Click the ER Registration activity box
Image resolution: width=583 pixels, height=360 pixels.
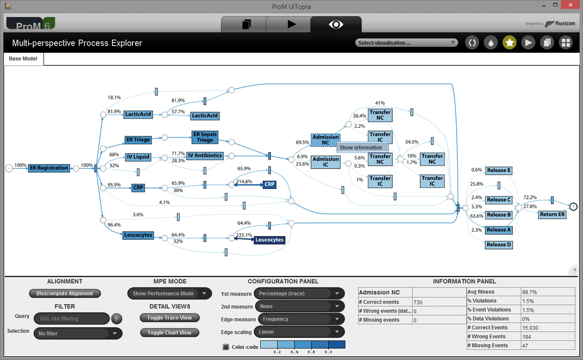(x=49, y=168)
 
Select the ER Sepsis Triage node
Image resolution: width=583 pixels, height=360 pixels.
(x=205, y=137)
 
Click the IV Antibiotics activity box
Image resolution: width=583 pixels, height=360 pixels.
(x=205, y=156)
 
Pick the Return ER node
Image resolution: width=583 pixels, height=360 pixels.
(x=552, y=215)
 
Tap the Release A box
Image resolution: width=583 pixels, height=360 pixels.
(x=499, y=230)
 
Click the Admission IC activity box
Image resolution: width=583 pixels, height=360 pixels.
(x=326, y=162)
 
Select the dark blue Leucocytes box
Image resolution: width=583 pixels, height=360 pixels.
(x=269, y=240)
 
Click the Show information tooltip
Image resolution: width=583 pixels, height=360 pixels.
(x=361, y=148)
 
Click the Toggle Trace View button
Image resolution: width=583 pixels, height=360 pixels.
(x=169, y=318)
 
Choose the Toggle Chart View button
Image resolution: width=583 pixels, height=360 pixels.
(x=169, y=332)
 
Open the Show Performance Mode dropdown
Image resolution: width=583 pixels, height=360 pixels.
(x=169, y=294)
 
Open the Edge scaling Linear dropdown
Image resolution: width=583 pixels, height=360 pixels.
(x=300, y=332)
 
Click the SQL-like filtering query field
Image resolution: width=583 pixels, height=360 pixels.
(x=71, y=319)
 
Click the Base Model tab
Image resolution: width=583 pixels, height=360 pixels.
(x=23, y=59)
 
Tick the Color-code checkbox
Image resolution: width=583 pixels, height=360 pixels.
(x=226, y=346)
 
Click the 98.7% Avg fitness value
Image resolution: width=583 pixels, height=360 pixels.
(x=530, y=292)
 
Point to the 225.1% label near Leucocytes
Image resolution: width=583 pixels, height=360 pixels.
(x=244, y=235)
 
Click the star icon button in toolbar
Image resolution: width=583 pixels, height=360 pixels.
(x=509, y=42)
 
